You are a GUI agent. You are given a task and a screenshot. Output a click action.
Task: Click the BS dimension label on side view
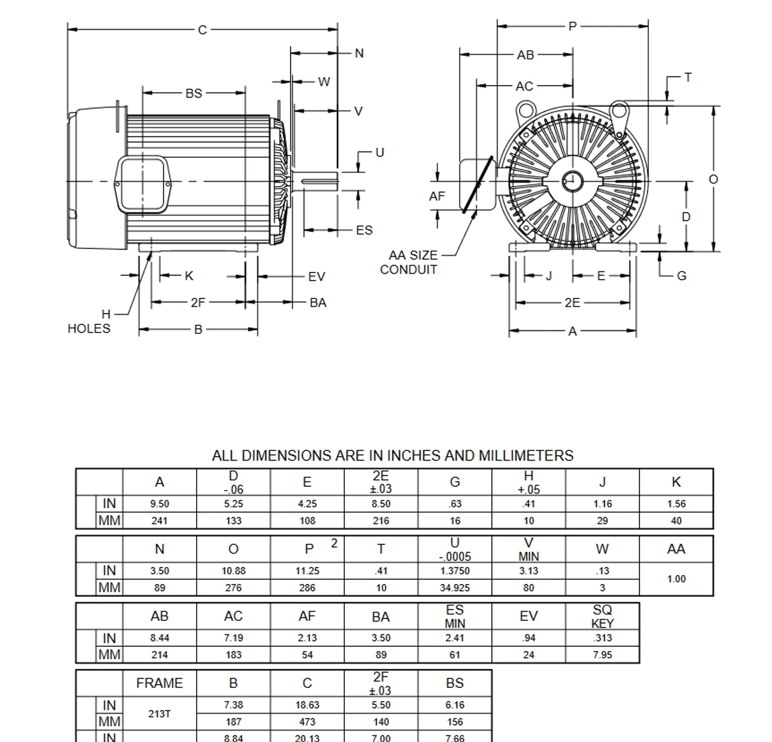pos(194,93)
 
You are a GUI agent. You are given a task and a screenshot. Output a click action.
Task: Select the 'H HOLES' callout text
pos(90,322)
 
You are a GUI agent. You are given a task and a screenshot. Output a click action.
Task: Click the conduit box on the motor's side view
pos(142,184)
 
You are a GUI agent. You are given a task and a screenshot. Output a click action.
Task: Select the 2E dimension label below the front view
pos(572,303)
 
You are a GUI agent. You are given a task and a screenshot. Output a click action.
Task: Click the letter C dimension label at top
pos(203,30)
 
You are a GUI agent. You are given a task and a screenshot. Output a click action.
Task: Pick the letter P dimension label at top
pos(572,26)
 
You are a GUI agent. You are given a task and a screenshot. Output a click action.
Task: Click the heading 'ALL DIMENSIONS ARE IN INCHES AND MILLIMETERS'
pos(393,456)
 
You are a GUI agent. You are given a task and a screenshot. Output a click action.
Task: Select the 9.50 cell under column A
pos(159,504)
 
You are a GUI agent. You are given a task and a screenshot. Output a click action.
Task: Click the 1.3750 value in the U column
pos(455,571)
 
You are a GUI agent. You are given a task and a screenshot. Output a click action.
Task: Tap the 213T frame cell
pos(159,714)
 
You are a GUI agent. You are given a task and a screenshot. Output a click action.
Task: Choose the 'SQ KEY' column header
pos(602,616)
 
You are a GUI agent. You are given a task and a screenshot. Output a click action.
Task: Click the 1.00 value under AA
pos(676,579)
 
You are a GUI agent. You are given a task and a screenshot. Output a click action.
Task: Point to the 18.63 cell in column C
pos(307,705)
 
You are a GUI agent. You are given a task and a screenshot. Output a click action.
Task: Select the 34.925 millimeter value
pos(455,588)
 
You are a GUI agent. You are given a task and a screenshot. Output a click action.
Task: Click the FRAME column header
pos(159,684)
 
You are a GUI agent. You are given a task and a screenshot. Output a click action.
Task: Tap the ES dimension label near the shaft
pos(364,230)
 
